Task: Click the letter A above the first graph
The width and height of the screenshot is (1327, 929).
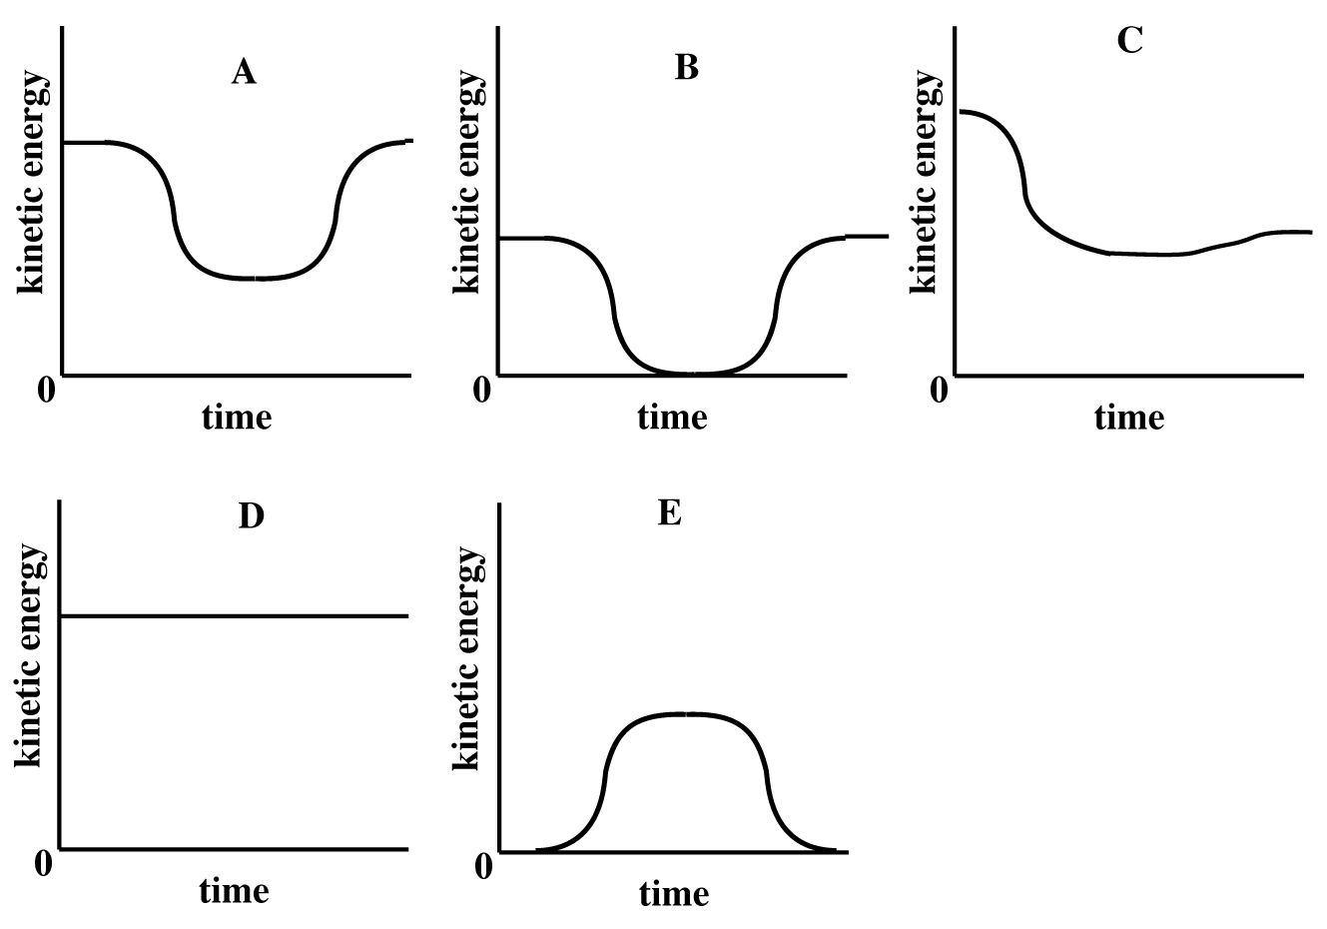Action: (244, 72)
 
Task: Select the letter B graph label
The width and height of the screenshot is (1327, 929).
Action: (686, 68)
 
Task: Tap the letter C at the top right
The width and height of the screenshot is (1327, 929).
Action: (1129, 41)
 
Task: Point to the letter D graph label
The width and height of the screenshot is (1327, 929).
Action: (251, 516)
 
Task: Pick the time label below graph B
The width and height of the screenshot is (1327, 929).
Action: (672, 417)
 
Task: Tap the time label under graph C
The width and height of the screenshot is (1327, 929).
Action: (1129, 417)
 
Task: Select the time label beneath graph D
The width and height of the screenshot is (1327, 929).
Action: (235, 890)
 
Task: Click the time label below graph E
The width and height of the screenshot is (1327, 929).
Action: (675, 893)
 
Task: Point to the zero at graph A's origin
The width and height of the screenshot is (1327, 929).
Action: (46, 390)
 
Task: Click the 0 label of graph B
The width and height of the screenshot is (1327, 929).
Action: (481, 390)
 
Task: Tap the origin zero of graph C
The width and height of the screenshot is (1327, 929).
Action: (939, 390)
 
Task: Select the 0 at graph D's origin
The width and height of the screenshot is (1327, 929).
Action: (43, 863)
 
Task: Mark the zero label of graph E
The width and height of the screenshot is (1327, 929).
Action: (483, 866)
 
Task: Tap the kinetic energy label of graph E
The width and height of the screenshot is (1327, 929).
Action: (466, 657)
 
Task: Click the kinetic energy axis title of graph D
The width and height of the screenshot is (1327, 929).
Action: (29, 655)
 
